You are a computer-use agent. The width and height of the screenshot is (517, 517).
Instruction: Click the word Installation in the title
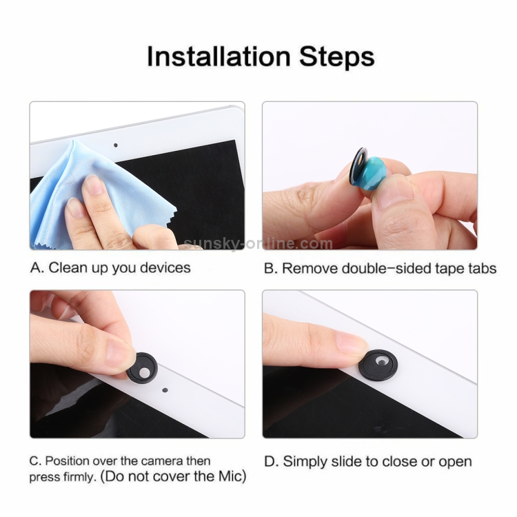click(x=219, y=57)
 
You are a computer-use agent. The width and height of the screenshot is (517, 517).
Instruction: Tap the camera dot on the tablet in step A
click(x=115, y=145)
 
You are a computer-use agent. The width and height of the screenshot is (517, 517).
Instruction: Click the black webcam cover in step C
click(x=143, y=367)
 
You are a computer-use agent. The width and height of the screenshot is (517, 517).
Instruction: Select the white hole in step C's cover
click(x=144, y=372)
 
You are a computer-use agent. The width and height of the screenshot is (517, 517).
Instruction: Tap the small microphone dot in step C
click(x=165, y=390)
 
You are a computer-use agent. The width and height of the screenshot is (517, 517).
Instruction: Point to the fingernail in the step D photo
click(x=350, y=343)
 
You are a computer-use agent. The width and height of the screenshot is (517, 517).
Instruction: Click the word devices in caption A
click(x=165, y=267)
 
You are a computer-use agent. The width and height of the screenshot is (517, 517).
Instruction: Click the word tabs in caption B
click(x=482, y=268)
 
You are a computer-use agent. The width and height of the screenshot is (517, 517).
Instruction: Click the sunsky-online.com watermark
click(x=258, y=244)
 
